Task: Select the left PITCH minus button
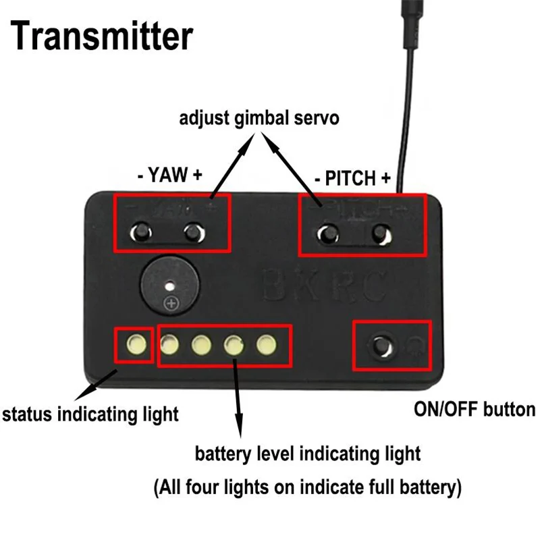pyautogui.click(x=329, y=234)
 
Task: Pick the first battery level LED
pyautogui.click(x=169, y=346)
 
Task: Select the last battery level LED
pyautogui.click(x=267, y=346)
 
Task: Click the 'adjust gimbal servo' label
pyautogui.click(x=259, y=119)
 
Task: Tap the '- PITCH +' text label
pyautogui.click(x=353, y=179)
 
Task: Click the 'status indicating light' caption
pyautogui.click(x=90, y=412)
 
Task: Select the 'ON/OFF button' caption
pyautogui.click(x=473, y=409)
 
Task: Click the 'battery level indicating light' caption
pyautogui.click(x=308, y=453)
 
